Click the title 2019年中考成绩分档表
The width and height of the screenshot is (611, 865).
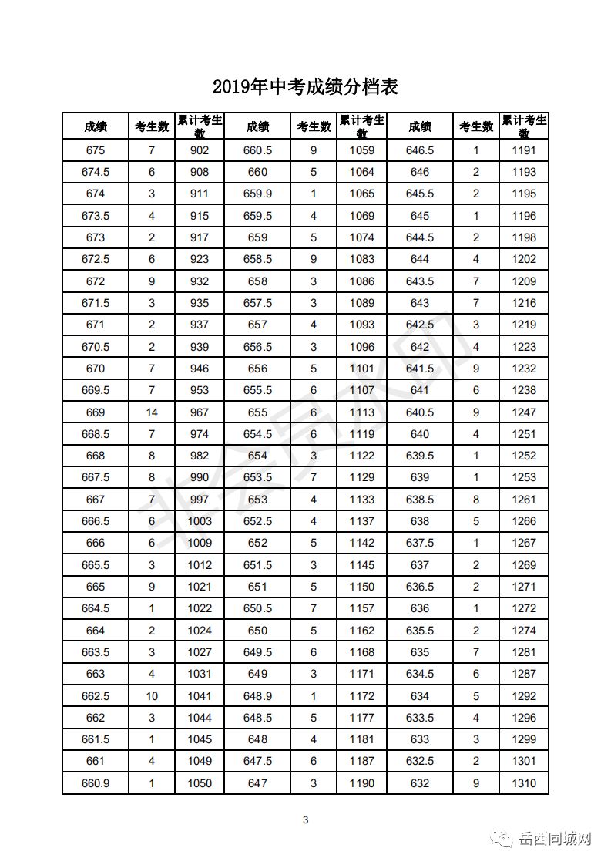(305, 86)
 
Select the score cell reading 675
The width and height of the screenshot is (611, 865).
(96, 150)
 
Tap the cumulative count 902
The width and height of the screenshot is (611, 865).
(200, 150)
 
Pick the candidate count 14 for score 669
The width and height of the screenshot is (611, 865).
(152, 412)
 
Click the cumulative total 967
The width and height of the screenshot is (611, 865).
(200, 412)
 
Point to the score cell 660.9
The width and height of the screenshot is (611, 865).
(96, 783)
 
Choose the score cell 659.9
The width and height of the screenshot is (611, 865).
(257, 194)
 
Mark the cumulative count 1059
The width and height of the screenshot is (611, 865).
(361, 150)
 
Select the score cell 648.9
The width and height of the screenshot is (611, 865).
(257, 696)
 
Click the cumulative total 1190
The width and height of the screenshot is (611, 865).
(361, 783)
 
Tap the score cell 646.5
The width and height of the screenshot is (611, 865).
(420, 150)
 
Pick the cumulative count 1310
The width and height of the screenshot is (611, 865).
(524, 783)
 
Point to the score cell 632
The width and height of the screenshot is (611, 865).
(420, 783)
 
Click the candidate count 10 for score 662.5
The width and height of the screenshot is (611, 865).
(152, 696)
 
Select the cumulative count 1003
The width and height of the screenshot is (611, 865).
(200, 521)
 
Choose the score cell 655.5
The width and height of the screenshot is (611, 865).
(257, 390)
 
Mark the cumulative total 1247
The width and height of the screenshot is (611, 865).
(524, 412)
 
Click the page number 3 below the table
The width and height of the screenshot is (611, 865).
(306, 820)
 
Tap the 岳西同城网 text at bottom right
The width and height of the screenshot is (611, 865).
(556, 839)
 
